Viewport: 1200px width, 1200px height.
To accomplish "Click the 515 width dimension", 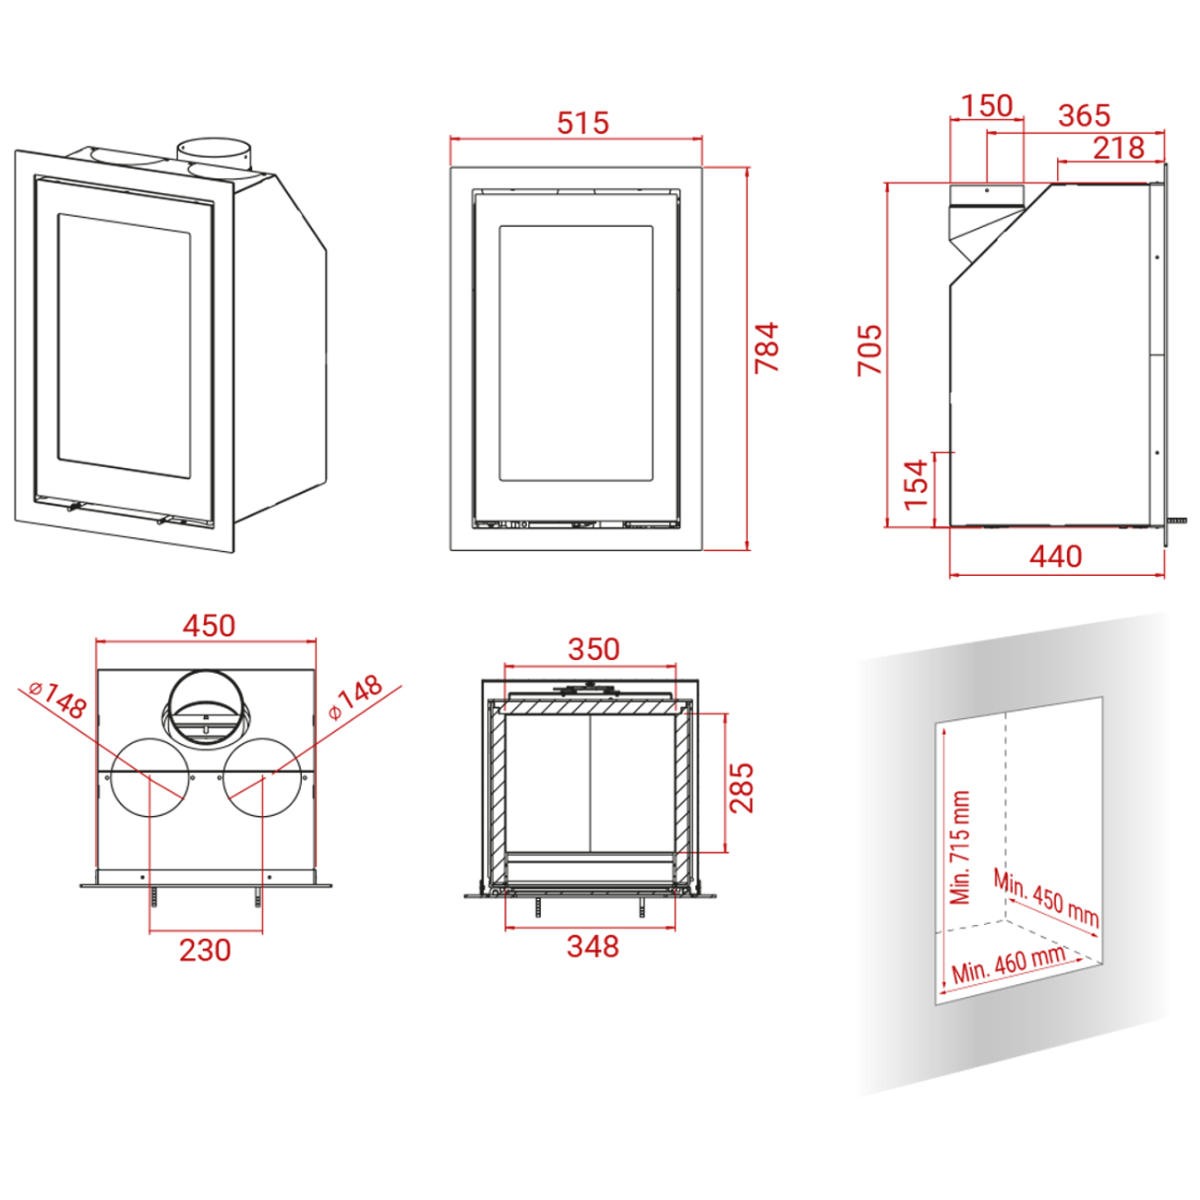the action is (582, 123).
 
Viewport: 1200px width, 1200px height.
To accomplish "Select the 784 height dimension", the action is (766, 347).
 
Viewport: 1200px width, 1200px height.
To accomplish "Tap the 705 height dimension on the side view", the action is (870, 350).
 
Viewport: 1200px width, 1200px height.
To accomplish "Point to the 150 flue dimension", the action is (987, 106).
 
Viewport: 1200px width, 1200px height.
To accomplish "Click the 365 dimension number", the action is (1085, 115).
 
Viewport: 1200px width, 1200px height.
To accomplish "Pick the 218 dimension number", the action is (1119, 148).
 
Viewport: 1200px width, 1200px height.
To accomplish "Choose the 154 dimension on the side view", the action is (916, 486).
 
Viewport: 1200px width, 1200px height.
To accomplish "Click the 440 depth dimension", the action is (1056, 556).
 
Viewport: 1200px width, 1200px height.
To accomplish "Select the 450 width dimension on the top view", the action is (209, 625).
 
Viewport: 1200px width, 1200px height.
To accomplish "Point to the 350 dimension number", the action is (594, 649).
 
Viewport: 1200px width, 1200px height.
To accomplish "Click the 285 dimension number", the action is (741, 787).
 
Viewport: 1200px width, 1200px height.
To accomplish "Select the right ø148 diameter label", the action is (355, 698).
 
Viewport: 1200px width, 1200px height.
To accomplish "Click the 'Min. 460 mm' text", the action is (1008, 965).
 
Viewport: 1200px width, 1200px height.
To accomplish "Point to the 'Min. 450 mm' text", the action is (1046, 898).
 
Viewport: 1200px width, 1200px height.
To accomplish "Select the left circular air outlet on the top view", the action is (150, 778).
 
